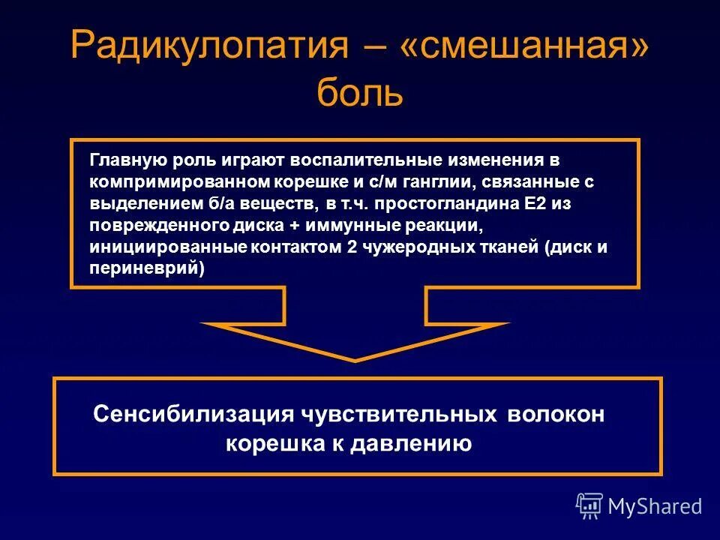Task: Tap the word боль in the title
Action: pos(360,94)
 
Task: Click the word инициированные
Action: pos(145,247)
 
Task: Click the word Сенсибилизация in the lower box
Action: pos(190,415)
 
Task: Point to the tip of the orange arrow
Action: pos(355,359)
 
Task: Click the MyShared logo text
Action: pos(655,507)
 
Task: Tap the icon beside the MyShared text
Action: pos(589,506)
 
